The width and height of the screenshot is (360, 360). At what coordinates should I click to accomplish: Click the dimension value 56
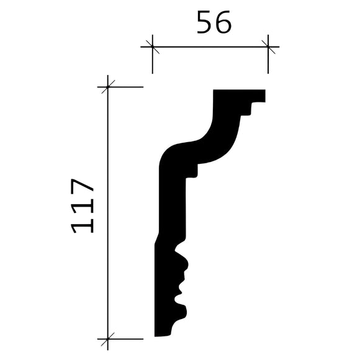click(214, 23)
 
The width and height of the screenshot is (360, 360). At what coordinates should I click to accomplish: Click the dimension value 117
click(83, 206)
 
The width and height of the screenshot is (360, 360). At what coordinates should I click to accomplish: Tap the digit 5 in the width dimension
click(204, 23)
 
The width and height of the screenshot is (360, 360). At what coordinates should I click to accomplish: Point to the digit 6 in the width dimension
click(223, 23)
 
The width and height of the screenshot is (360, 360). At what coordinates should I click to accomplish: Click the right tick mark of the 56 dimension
click(268, 46)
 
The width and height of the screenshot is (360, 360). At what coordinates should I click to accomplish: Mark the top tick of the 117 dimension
click(108, 87)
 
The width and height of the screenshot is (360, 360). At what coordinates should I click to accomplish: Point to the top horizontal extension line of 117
click(127, 87)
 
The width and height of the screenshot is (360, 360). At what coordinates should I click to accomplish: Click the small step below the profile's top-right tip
click(248, 110)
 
